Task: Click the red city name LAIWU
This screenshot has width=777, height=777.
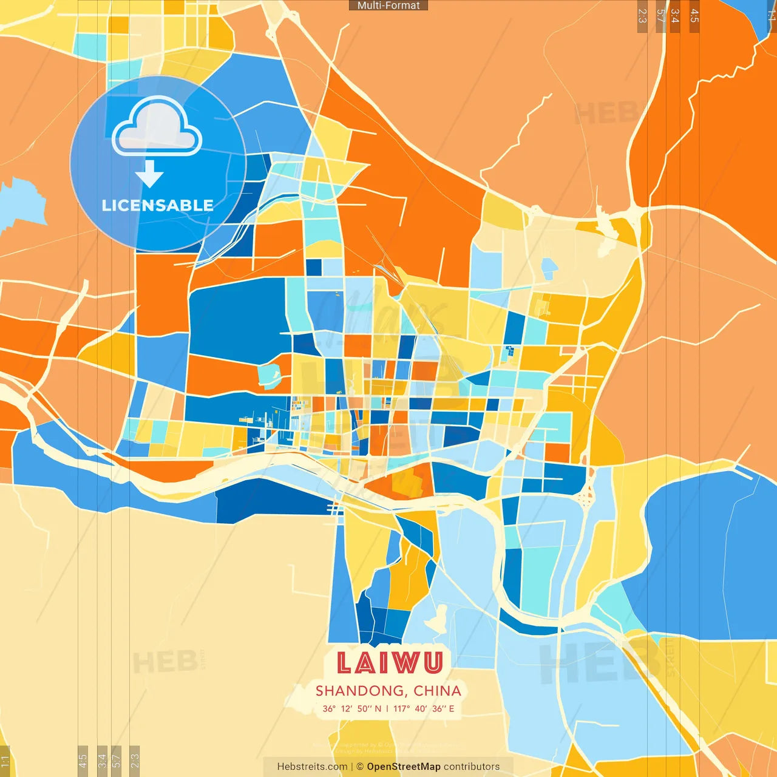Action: [x=389, y=662]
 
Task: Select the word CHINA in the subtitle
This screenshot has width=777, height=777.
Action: [x=437, y=691]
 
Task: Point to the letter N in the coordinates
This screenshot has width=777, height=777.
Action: [x=378, y=708]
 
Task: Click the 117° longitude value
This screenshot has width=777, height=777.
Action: [x=401, y=708]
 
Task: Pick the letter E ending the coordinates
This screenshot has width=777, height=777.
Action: [x=451, y=708]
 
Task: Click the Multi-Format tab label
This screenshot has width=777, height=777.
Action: [x=388, y=5]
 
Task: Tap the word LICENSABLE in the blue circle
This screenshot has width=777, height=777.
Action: [x=157, y=205]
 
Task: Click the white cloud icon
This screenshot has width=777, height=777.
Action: [x=157, y=127]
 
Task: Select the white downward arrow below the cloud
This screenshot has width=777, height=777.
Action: [x=149, y=174]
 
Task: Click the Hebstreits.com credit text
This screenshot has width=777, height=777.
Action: [x=312, y=767]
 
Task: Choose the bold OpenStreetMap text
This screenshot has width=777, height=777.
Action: [x=403, y=767]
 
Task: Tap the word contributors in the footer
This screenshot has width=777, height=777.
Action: [x=472, y=767]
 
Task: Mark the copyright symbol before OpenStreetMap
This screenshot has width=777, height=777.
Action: [x=360, y=767]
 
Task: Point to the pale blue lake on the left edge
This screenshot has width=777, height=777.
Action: [x=21, y=203]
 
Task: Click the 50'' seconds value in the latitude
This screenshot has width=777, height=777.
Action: [x=364, y=708]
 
